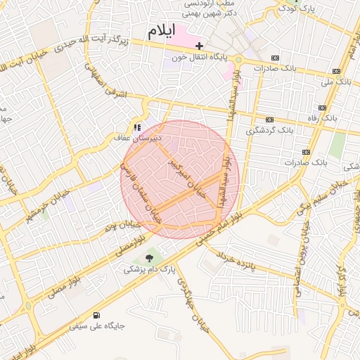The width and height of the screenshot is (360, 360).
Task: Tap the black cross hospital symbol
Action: (x=200, y=46)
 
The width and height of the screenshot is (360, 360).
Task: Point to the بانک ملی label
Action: (x=335, y=82)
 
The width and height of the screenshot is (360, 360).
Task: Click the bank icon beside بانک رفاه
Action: (x=322, y=108)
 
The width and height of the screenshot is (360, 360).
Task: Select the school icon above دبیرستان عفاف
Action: (x=137, y=128)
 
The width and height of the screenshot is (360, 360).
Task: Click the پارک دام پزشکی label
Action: (x=148, y=269)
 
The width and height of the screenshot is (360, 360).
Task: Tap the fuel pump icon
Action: (x=96, y=316)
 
